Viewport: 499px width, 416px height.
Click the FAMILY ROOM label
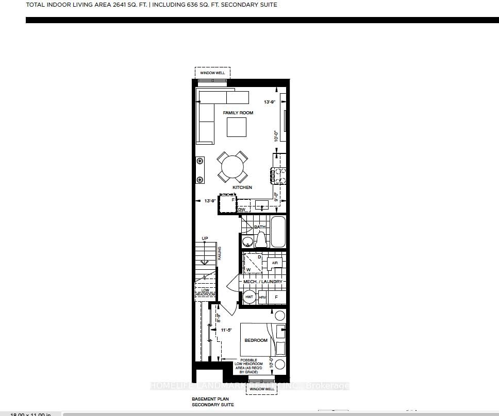tap(238, 113)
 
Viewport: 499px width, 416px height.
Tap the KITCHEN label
tap(242, 187)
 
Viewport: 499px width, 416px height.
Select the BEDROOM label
tap(256, 340)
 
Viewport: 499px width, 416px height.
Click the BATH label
tap(259, 227)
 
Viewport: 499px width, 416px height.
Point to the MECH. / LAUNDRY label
tap(263, 282)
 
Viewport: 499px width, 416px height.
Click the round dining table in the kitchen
tap(231, 166)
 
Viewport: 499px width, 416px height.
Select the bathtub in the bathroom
tap(278, 232)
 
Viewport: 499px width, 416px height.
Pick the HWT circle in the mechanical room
tap(249, 298)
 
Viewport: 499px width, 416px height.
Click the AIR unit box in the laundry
tap(275, 263)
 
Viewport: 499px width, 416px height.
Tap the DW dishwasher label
tap(241, 210)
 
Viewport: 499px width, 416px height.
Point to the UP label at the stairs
tap(205, 238)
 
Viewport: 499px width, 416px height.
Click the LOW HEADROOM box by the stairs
tap(205, 291)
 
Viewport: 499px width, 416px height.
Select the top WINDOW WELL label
tap(212, 73)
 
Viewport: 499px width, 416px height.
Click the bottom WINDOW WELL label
tap(262, 389)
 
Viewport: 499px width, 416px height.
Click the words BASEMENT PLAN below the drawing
tap(210, 399)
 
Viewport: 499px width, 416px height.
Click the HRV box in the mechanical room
tap(262, 298)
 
